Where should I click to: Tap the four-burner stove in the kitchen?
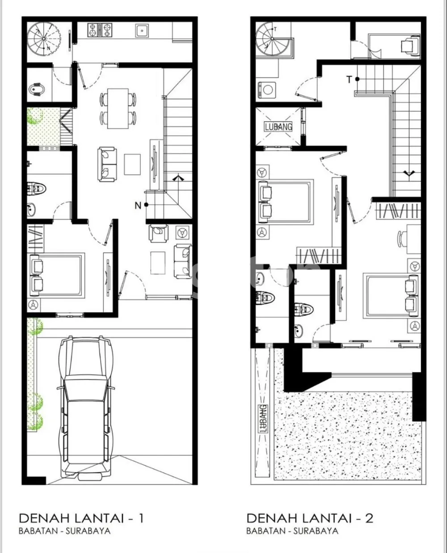point(100,30)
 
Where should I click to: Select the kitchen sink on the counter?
point(142,31)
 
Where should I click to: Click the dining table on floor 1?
point(118,109)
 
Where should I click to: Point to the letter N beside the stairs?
point(138,206)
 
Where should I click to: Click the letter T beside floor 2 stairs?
point(349,80)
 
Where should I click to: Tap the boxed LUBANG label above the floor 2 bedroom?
point(278,127)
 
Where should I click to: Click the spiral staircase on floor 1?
point(44,38)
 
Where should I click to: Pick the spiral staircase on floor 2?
point(272,39)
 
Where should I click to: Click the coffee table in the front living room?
point(158,263)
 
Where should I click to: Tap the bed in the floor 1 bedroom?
point(56,275)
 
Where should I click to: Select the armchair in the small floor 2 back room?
point(410,46)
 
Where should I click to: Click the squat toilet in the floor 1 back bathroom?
point(37,89)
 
